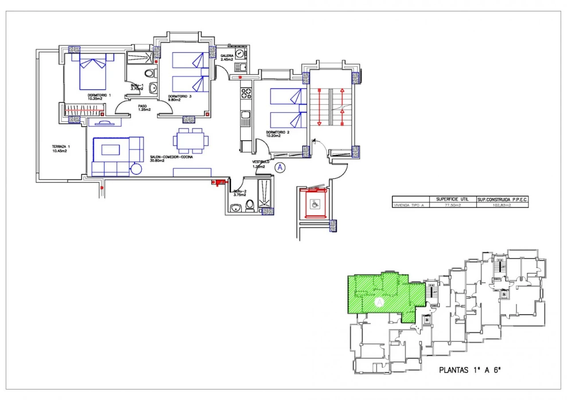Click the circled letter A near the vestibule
point(280,167)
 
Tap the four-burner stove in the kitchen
point(246,94)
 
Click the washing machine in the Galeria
point(240,54)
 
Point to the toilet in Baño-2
point(250,205)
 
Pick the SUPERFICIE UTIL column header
point(452,199)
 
